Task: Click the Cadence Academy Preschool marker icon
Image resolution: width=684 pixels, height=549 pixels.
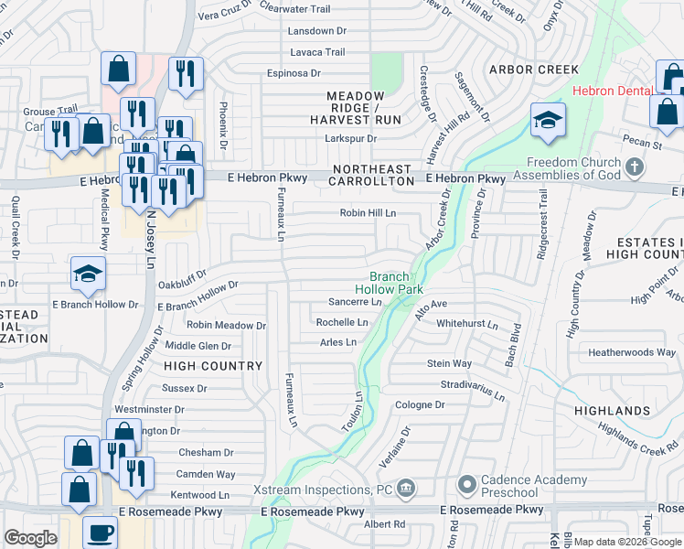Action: click(466, 482)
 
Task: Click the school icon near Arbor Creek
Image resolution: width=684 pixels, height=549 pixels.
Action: click(548, 120)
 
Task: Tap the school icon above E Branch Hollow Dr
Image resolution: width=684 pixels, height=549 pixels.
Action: click(88, 273)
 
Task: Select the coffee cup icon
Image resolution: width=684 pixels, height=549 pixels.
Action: click(100, 532)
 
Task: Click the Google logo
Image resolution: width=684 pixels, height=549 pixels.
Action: click(30, 537)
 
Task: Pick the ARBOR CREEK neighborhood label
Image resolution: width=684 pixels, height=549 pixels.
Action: click(534, 70)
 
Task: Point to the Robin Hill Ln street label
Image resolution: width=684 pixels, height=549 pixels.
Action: click(368, 212)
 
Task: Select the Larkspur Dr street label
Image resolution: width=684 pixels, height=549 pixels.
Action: click(351, 139)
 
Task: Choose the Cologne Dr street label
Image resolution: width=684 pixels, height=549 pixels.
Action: click(420, 404)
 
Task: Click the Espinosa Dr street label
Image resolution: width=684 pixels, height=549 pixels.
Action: click(294, 73)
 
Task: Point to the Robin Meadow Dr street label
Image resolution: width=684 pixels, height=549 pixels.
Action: click(226, 325)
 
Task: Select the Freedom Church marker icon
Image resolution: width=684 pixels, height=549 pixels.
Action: click(635, 168)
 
